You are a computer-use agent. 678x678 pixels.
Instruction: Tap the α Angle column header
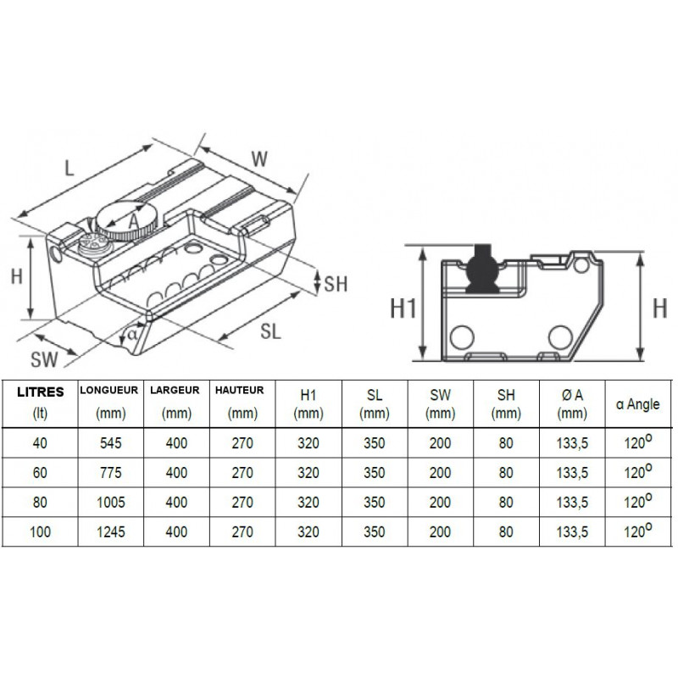coord(638,404)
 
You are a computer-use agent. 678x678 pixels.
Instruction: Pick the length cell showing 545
coord(111,443)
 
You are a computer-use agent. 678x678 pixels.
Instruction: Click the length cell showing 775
coord(111,473)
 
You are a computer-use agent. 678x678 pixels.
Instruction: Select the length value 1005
coord(111,503)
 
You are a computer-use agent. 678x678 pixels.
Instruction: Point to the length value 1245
coord(111,532)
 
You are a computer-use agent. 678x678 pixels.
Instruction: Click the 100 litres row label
coord(40,532)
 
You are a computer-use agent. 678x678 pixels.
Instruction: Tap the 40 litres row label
coord(40,443)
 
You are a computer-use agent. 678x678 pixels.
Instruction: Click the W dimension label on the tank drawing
coord(259,159)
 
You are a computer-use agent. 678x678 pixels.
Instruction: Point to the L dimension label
coord(69,168)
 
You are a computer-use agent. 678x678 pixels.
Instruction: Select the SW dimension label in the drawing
coord(44,359)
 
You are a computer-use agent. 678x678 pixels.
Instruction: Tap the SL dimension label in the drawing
coord(270,331)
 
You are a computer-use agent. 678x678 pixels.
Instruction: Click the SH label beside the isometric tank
coord(336,284)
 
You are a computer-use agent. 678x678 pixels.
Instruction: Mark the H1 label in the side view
coord(403,308)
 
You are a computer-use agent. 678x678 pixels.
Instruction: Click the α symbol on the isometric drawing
coord(132,334)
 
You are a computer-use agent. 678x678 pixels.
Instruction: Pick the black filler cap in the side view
coord(484,269)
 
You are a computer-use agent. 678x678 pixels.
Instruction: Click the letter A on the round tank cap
coord(134,221)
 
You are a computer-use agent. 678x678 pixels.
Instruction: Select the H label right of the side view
coord(659,308)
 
